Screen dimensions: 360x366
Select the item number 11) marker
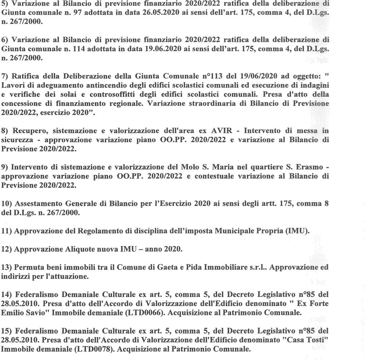point(6,231)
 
